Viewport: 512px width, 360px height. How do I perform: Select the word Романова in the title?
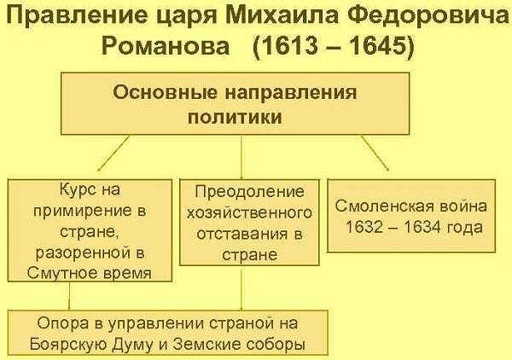click(x=166, y=45)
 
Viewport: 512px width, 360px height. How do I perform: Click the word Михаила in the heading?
click(x=282, y=15)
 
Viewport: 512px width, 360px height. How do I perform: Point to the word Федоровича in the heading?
click(x=428, y=15)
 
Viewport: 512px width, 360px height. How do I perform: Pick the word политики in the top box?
click(x=235, y=117)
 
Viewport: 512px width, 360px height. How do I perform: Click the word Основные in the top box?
click(x=166, y=92)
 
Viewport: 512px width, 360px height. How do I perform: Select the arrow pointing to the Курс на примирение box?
click(x=113, y=153)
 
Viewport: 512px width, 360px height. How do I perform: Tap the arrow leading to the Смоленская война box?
click(x=375, y=153)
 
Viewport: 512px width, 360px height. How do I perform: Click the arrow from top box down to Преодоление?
click(x=241, y=157)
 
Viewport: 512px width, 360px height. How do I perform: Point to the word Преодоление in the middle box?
click(x=249, y=192)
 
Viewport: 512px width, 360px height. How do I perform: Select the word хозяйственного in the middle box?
click(x=249, y=213)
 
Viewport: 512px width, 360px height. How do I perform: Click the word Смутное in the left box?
click(x=62, y=273)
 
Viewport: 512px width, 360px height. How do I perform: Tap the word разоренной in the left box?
click(x=83, y=253)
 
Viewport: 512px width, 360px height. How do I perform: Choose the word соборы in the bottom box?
click(x=276, y=345)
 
